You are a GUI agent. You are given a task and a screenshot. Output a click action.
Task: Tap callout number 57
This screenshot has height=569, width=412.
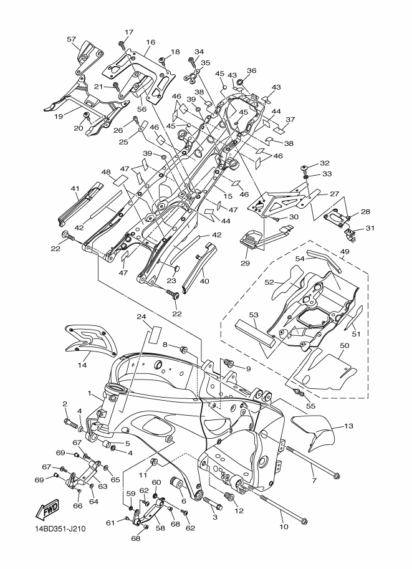pyautogui.click(x=72, y=39)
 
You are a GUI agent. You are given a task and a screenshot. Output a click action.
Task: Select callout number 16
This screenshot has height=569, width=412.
pyautogui.click(x=150, y=42)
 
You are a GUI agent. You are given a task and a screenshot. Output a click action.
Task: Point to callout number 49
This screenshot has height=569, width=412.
pyautogui.click(x=345, y=252)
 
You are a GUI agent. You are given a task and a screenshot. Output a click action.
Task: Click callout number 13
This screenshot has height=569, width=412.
pyautogui.click(x=348, y=426)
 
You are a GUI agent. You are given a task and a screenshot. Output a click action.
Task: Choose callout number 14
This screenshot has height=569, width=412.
pyautogui.click(x=82, y=365)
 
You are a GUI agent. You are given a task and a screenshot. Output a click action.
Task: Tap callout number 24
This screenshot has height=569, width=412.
pyautogui.click(x=141, y=317)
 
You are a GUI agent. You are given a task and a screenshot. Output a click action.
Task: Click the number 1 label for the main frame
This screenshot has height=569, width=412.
pyautogui.click(x=89, y=393)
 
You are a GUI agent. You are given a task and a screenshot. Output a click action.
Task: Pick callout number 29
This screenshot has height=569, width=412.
pyautogui.click(x=245, y=263)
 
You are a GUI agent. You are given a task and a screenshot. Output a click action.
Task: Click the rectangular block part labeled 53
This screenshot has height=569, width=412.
pyautogui.click(x=255, y=332)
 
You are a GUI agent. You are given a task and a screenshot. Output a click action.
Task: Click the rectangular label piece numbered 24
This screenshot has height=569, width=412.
pyautogui.click(x=155, y=334)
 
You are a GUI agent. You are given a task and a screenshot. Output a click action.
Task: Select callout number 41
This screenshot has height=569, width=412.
pyautogui.click(x=75, y=189)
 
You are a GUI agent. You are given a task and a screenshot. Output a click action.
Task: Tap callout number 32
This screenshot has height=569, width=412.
pyautogui.click(x=324, y=163)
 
